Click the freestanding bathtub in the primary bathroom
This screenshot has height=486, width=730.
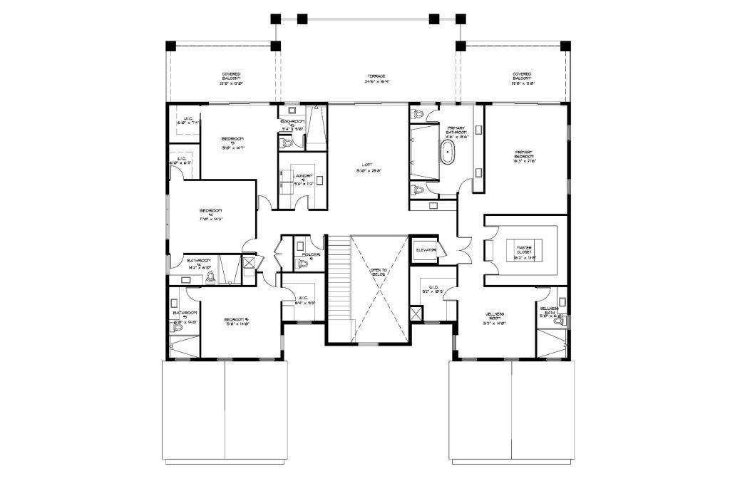(447, 152)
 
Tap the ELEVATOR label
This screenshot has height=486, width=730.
(426, 250)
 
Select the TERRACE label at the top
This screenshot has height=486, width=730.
(376, 76)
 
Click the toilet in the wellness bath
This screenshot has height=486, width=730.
(558, 321)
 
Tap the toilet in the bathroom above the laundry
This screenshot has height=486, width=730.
(288, 143)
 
